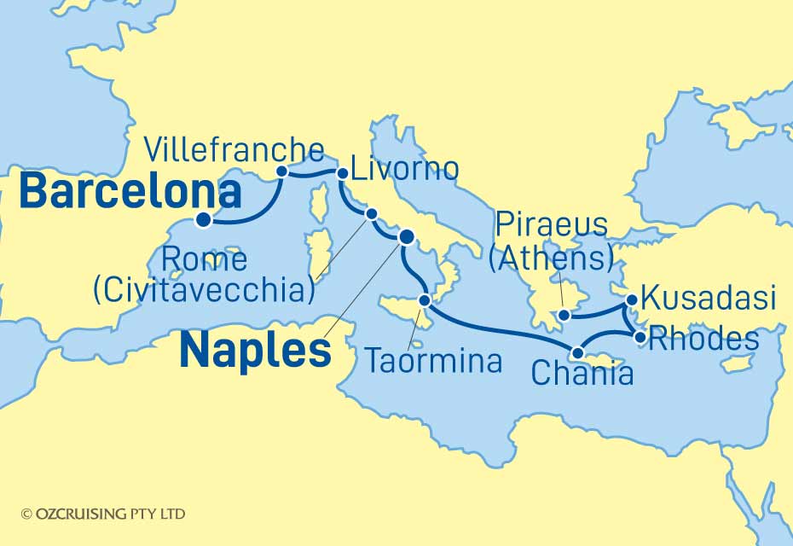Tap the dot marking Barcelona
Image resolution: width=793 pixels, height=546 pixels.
pyautogui.click(x=203, y=220)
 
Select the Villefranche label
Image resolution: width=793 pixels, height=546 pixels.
pyautogui.click(x=234, y=151)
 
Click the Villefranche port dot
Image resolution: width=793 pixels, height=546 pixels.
pyautogui.click(x=282, y=171)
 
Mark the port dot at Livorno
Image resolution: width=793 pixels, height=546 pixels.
pyautogui.click(x=342, y=173)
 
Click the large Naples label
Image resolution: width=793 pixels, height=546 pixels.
pyautogui.click(x=256, y=350)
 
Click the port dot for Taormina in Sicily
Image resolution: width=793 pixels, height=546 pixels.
pyautogui.click(x=425, y=299)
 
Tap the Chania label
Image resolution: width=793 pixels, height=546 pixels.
pyautogui.click(x=582, y=373)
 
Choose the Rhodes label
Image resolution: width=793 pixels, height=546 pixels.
pyautogui.click(x=703, y=339)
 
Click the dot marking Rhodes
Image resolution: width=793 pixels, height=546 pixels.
pyautogui.click(x=640, y=337)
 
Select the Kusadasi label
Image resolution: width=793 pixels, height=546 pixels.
pyautogui.click(x=708, y=299)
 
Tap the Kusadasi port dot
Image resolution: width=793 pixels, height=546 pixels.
pyautogui.click(x=632, y=300)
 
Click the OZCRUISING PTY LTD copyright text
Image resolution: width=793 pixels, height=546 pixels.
pyautogui.click(x=103, y=514)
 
